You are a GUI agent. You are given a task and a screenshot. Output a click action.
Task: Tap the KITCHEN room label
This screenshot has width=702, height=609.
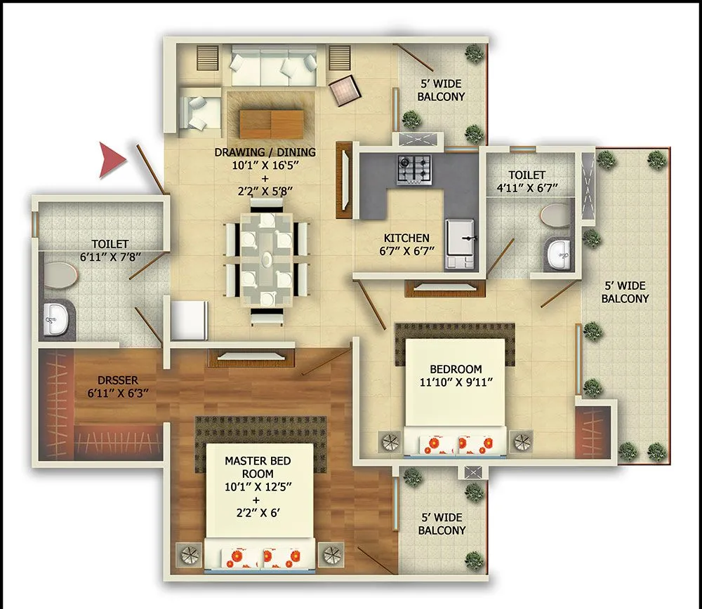(406, 238)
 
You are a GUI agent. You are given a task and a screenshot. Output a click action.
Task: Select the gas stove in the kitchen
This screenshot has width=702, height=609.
(414, 169)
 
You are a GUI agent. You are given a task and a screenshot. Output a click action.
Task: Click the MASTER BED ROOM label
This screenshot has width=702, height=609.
(258, 467)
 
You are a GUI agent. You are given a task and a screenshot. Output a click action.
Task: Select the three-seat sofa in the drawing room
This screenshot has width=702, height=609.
(274, 67)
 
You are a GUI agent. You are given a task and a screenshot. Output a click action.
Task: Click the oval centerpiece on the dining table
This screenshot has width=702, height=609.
(267, 259)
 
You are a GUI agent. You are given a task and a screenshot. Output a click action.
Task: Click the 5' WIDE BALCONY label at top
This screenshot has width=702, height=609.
(441, 90)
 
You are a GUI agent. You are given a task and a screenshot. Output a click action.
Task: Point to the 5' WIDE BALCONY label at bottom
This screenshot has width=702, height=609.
(441, 524)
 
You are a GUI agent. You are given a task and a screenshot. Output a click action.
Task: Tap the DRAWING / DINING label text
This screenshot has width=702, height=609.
(265, 152)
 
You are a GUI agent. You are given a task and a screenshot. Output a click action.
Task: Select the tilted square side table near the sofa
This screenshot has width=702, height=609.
(345, 88)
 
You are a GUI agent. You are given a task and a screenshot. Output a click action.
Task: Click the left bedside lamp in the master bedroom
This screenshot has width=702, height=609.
(189, 555)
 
